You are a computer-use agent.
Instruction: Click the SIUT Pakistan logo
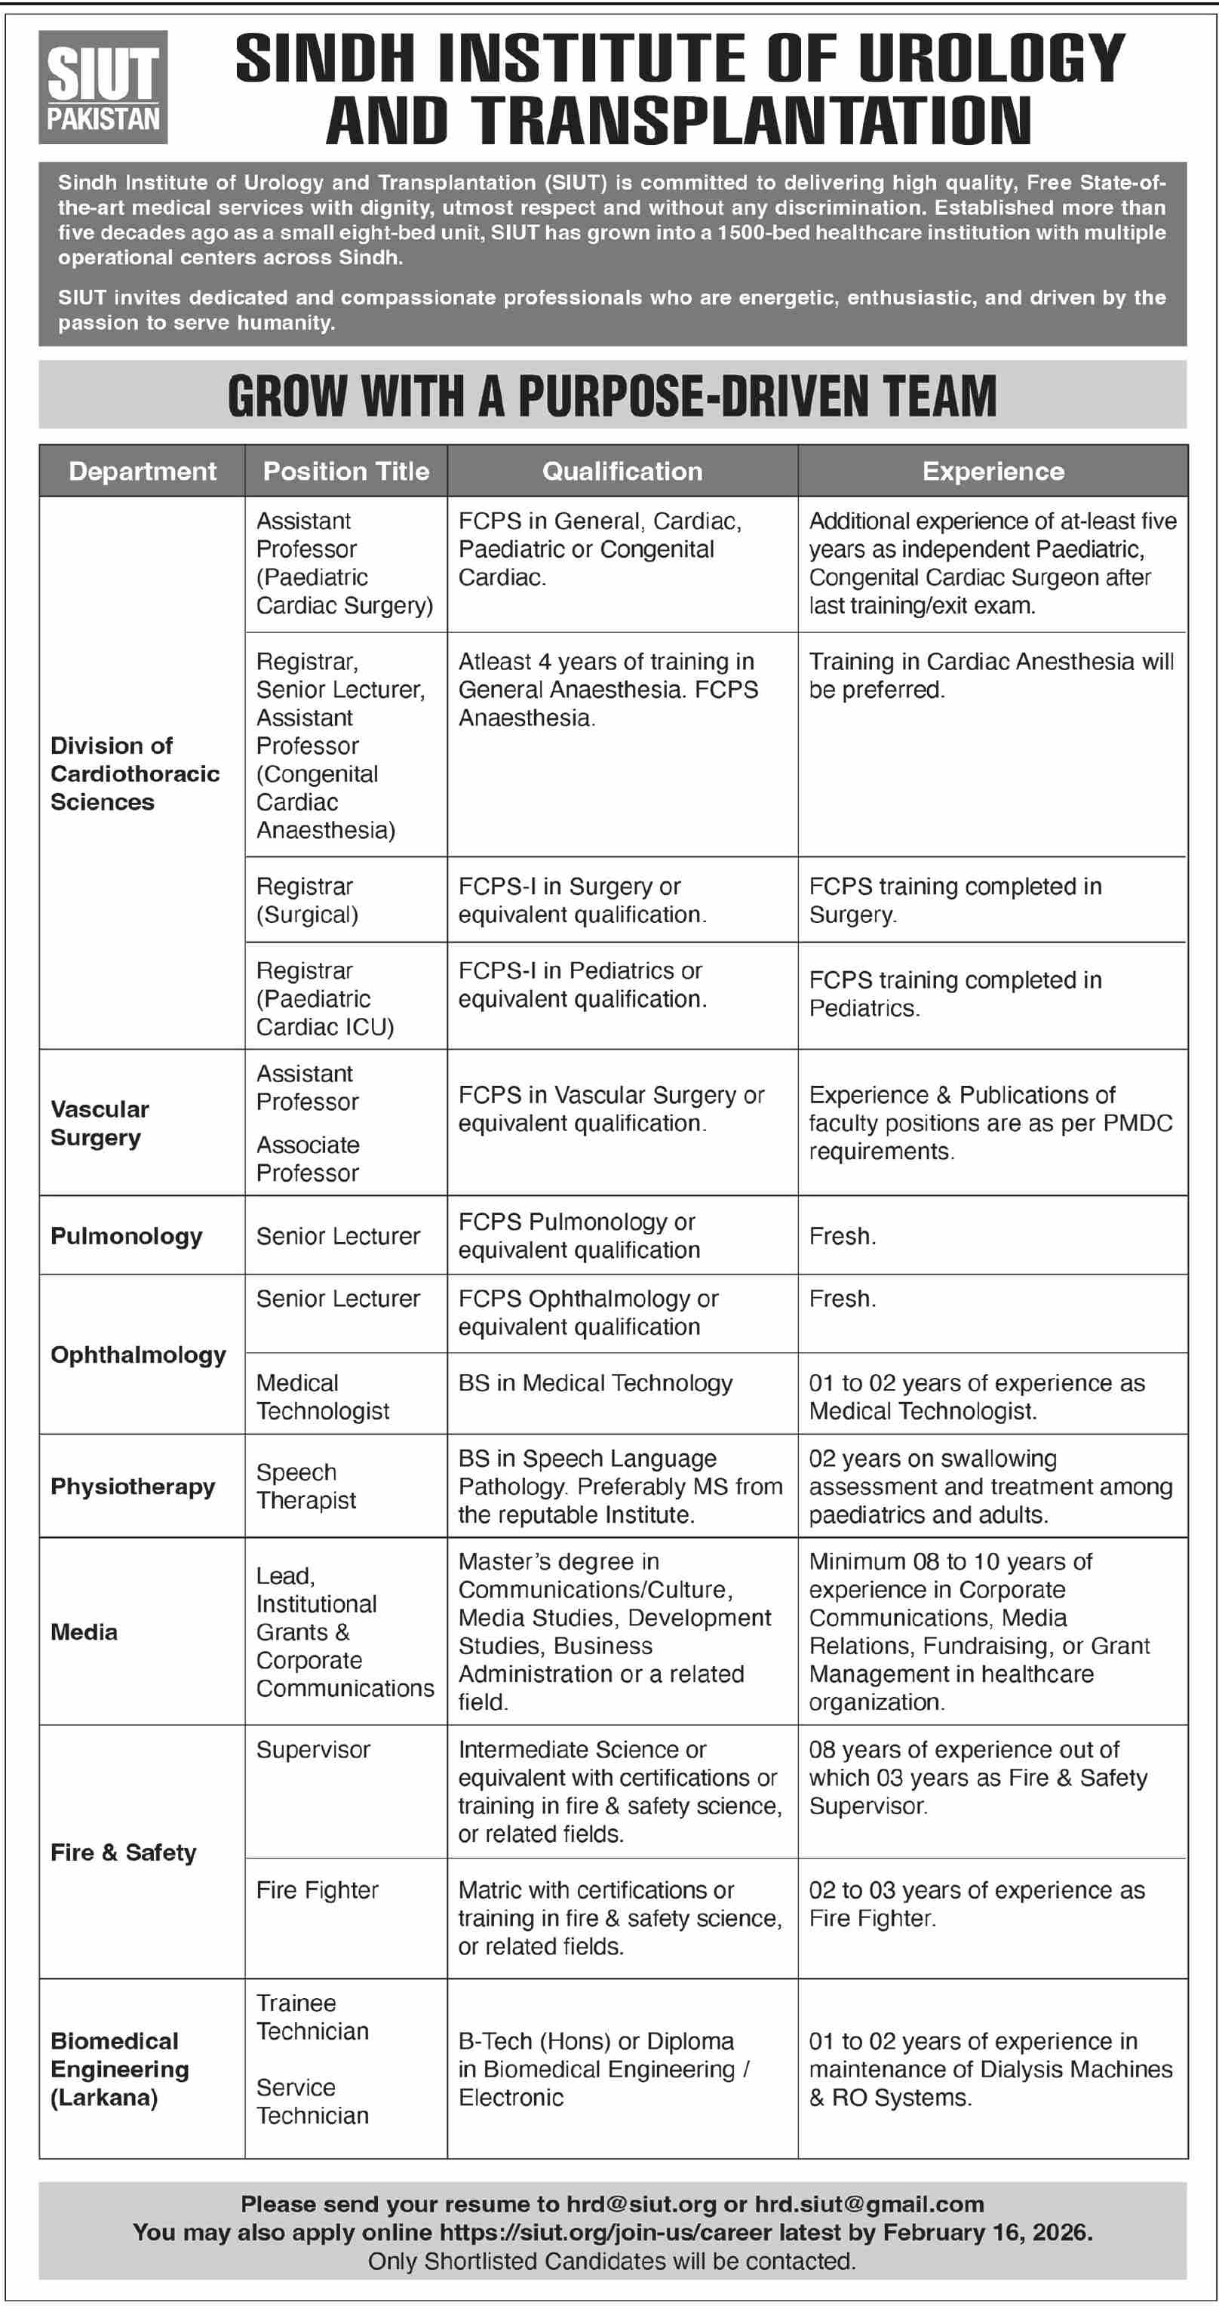(x=103, y=88)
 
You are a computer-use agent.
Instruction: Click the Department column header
(x=143, y=472)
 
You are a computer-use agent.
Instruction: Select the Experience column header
(x=993, y=472)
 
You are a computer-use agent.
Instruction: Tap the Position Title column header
(x=345, y=472)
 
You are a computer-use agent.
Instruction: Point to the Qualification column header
(x=622, y=472)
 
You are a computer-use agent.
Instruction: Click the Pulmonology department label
(x=126, y=1236)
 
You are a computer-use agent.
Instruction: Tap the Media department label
(x=84, y=1632)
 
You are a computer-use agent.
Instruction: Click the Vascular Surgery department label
(x=100, y=1124)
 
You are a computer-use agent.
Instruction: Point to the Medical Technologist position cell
(x=322, y=1397)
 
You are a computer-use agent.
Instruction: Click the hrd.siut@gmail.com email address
(x=869, y=2204)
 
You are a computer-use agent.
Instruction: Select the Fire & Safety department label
(x=124, y=1852)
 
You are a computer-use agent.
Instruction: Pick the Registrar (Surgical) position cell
(x=307, y=900)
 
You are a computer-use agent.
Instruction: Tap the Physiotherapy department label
(x=133, y=1487)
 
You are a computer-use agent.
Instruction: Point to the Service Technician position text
(x=312, y=2101)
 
